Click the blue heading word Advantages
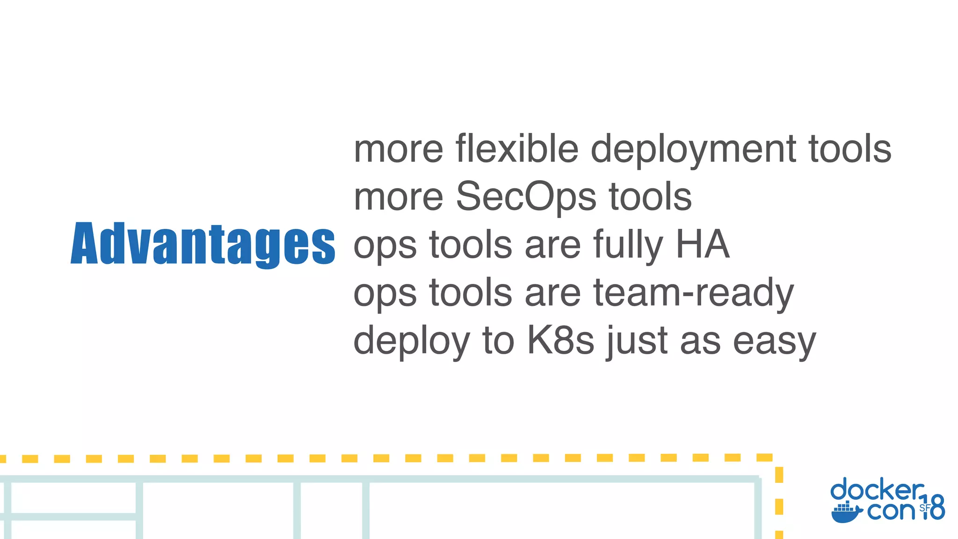point(203,244)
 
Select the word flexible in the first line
point(517,149)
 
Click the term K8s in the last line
point(560,341)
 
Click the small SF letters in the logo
point(924,508)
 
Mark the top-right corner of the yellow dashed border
point(778,458)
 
